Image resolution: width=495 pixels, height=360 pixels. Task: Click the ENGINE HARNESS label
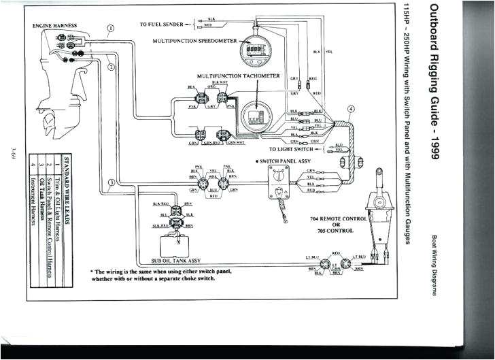55,26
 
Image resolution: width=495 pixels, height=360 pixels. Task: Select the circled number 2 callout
112,67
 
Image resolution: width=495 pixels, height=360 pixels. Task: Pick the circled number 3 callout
110,182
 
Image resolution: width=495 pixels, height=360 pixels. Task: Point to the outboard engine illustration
57,85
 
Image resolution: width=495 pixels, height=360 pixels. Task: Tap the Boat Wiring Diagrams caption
434,265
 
